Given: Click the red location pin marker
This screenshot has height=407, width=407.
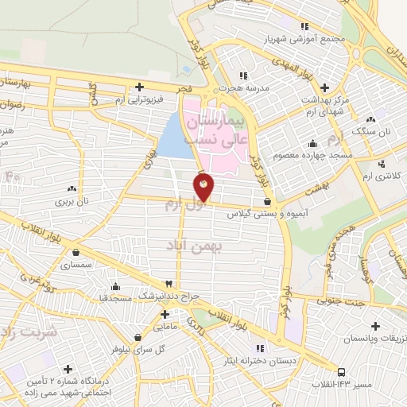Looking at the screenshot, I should pos(203,187).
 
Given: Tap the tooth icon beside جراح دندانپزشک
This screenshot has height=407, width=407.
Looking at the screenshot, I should pos(169,284).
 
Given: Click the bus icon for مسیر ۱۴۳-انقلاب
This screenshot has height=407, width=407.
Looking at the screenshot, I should pos(341,372).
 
